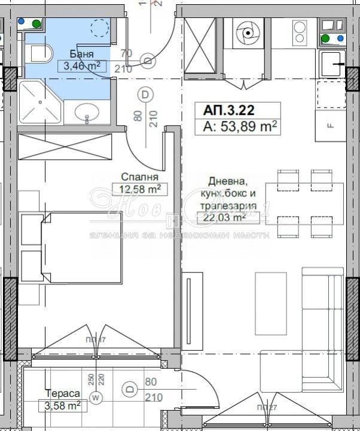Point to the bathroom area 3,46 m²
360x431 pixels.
pyautogui.click(x=82, y=66)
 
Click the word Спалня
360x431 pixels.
pyautogui.click(x=139, y=177)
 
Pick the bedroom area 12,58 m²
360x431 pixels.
pyautogui.click(x=139, y=190)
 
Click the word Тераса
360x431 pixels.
pyautogui.click(x=62, y=394)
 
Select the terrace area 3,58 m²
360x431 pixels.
pyautogui.click(x=63, y=406)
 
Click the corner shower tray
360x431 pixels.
pyautogui.click(x=39, y=103)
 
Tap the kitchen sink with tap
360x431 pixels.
pyautogui.click(x=332, y=60)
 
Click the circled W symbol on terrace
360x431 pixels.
pyautogui.click(x=96, y=397)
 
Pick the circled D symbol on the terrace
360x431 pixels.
pyautogui.click(x=129, y=390)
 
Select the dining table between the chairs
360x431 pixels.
pyautogui.click(x=304, y=204)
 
